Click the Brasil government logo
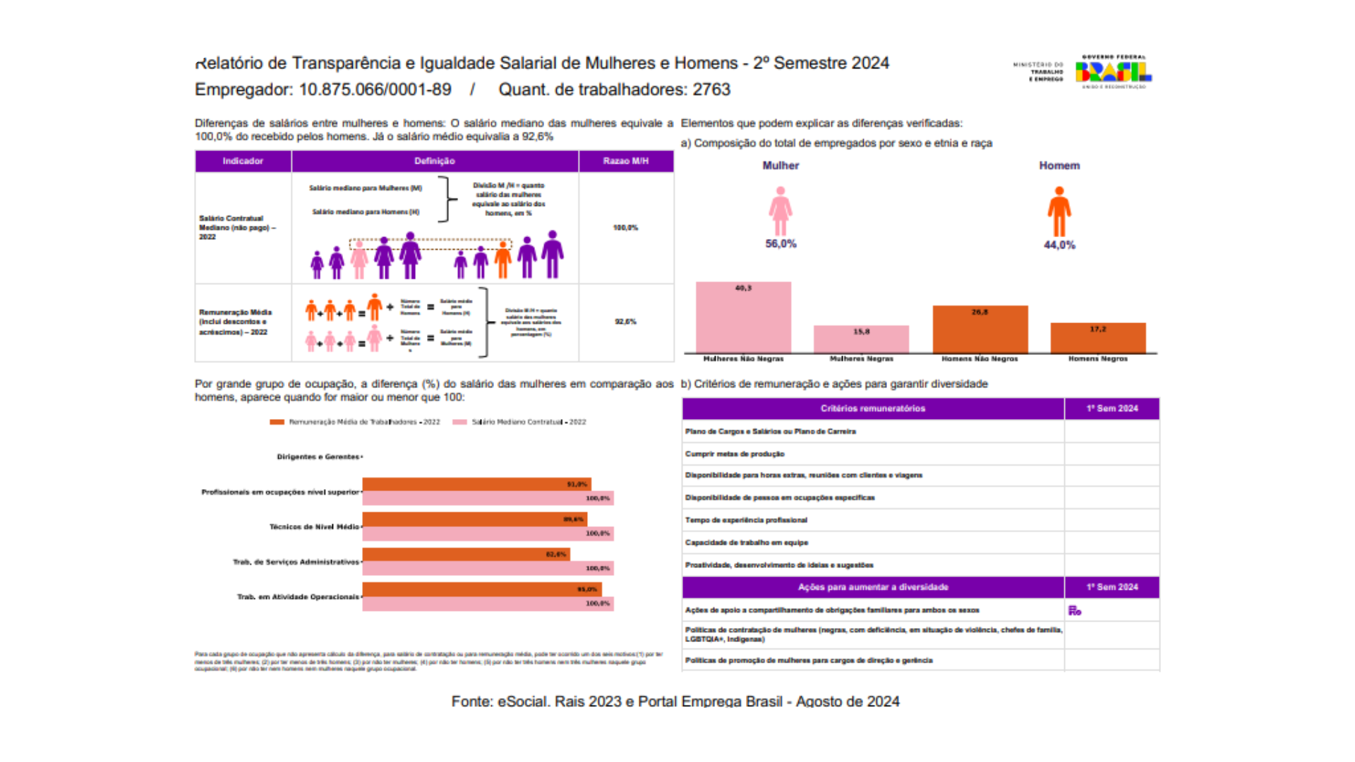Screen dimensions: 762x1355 (x=1113, y=71)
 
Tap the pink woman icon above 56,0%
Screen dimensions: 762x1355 (x=780, y=211)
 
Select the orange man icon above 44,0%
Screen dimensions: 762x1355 (x=1059, y=212)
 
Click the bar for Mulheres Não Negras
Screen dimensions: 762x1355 (x=743, y=317)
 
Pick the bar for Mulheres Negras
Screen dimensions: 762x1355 (x=861, y=339)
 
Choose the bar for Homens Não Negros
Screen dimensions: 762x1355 (x=980, y=329)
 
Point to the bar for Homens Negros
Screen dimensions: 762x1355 (x=1097, y=338)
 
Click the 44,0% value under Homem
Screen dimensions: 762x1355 (x=1059, y=245)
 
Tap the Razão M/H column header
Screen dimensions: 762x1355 (x=625, y=161)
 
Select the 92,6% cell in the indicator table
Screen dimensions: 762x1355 (x=625, y=322)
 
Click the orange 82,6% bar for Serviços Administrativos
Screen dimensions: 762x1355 (x=466, y=555)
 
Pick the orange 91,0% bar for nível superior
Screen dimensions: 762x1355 (x=476, y=484)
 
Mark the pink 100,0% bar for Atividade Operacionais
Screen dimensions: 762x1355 (x=488, y=604)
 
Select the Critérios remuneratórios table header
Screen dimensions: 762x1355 (x=872, y=409)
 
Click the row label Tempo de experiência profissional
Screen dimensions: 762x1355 (x=746, y=520)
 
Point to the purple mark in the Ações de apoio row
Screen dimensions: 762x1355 (x=1074, y=610)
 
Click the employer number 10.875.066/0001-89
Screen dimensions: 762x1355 (x=375, y=90)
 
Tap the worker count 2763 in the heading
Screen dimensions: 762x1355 (x=711, y=90)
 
